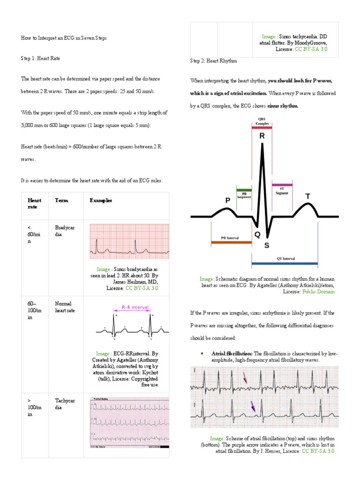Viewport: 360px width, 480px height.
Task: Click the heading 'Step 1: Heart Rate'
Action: click(40, 58)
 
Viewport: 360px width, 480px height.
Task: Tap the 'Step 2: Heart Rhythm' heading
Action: click(213, 61)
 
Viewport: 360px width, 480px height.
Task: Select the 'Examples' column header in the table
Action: click(101, 200)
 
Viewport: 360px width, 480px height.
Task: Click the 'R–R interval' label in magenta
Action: click(135, 307)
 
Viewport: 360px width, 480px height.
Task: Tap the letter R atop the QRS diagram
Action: click(262, 136)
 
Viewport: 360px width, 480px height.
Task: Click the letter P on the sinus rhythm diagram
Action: click(228, 200)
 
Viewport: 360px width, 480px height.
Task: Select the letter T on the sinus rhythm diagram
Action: click(308, 196)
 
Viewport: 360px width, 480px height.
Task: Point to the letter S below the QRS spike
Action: click(267, 245)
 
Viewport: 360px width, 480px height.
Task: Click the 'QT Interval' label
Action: click(285, 258)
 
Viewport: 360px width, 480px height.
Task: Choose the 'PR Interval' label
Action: click(226, 238)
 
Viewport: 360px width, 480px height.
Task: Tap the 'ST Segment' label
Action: click(282, 191)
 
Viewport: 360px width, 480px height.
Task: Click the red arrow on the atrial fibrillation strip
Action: click(245, 377)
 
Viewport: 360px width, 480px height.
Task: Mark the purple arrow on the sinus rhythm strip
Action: click(253, 406)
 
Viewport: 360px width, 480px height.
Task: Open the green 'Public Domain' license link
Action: click(318, 291)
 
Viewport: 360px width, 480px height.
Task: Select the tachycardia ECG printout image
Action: click(130, 422)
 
